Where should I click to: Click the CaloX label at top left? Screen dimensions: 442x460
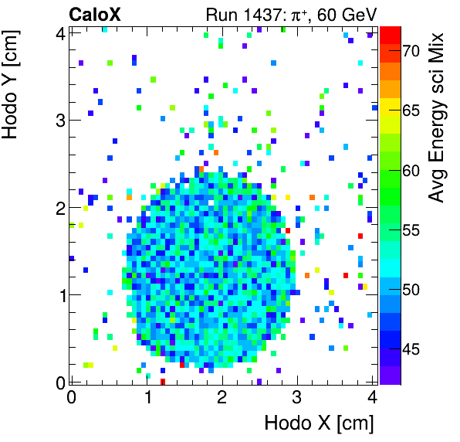[x=94, y=14]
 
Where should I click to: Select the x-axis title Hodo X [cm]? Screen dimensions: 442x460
[x=319, y=423]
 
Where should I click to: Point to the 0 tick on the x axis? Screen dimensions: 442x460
[x=71, y=397]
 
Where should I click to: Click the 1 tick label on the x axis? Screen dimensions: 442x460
[x=147, y=397]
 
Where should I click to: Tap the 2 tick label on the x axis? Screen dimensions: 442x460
[x=222, y=397]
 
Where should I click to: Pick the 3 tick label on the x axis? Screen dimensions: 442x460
[x=297, y=397]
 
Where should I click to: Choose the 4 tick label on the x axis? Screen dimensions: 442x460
[x=372, y=397]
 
